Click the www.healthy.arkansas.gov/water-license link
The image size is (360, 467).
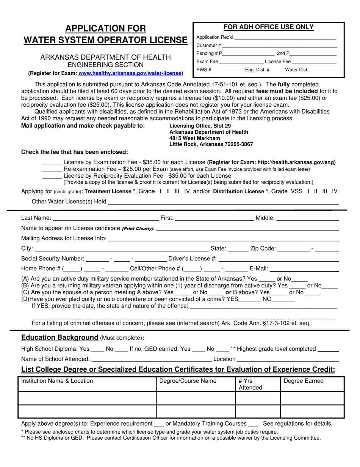click(130, 73)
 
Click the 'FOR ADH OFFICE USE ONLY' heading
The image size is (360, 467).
click(268, 27)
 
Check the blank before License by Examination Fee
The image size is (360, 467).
click(52, 163)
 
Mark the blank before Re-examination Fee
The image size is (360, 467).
click(52, 169)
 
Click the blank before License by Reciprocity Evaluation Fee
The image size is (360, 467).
click(52, 176)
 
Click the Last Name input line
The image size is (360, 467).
click(105, 218)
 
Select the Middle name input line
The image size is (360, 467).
click(308, 218)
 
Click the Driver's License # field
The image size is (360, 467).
click(279, 259)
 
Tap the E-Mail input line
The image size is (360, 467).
click(304, 269)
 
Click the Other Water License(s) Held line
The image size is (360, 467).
click(223, 202)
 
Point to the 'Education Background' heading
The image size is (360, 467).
click(60, 338)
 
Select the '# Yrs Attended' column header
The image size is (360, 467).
click(250, 384)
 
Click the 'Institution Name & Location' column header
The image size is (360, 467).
click(57, 381)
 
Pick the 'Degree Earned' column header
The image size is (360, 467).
click(304, 381)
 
